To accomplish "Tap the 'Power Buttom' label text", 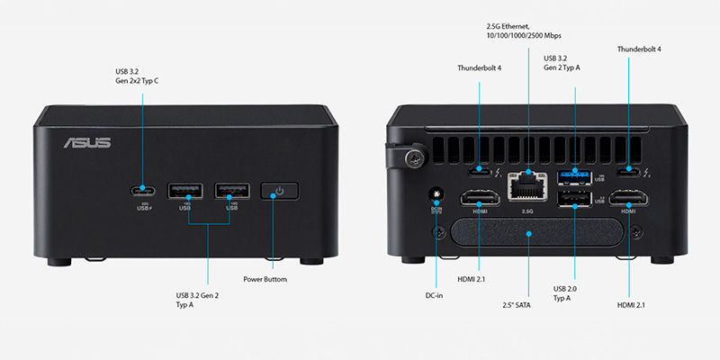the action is click(265, 280).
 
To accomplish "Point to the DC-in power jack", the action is click(438, 194).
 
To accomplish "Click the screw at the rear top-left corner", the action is click(414, 157).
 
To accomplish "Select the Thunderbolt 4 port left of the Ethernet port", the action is click(479, 169).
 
